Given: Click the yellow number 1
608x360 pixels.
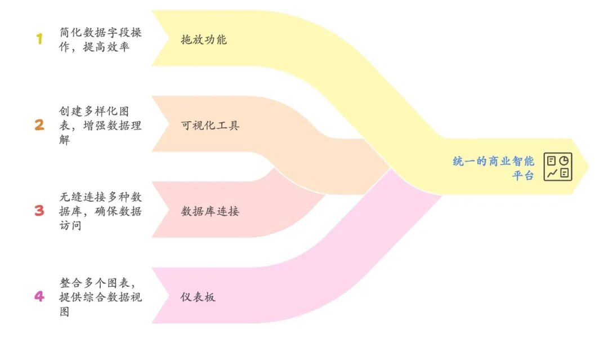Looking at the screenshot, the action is coord(39,39).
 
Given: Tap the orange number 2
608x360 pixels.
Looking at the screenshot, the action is coord(39,125).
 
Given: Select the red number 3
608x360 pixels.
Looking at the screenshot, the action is coord(39,211).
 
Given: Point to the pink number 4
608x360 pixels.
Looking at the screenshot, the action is coord(39,296).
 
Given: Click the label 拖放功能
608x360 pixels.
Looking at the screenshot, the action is coord(204,39).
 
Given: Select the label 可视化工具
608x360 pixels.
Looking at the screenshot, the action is coord(210,125).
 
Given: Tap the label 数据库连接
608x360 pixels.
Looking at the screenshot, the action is coord(210,211).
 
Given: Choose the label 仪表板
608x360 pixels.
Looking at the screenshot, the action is coord(198,297).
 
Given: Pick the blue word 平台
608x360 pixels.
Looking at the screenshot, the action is coord(523,175).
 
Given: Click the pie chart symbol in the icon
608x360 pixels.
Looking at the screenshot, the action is coord(564,161).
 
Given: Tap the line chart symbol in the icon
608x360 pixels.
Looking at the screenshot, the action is coord(552,174).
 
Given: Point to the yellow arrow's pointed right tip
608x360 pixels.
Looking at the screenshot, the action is coord(588,167).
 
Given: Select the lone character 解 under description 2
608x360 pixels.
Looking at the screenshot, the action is coord(64,139).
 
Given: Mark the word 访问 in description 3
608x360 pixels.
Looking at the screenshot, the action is coord(70,225).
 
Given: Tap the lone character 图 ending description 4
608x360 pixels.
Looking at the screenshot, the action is coord(64,311).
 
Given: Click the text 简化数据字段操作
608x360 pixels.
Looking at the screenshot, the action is coord(101,33).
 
